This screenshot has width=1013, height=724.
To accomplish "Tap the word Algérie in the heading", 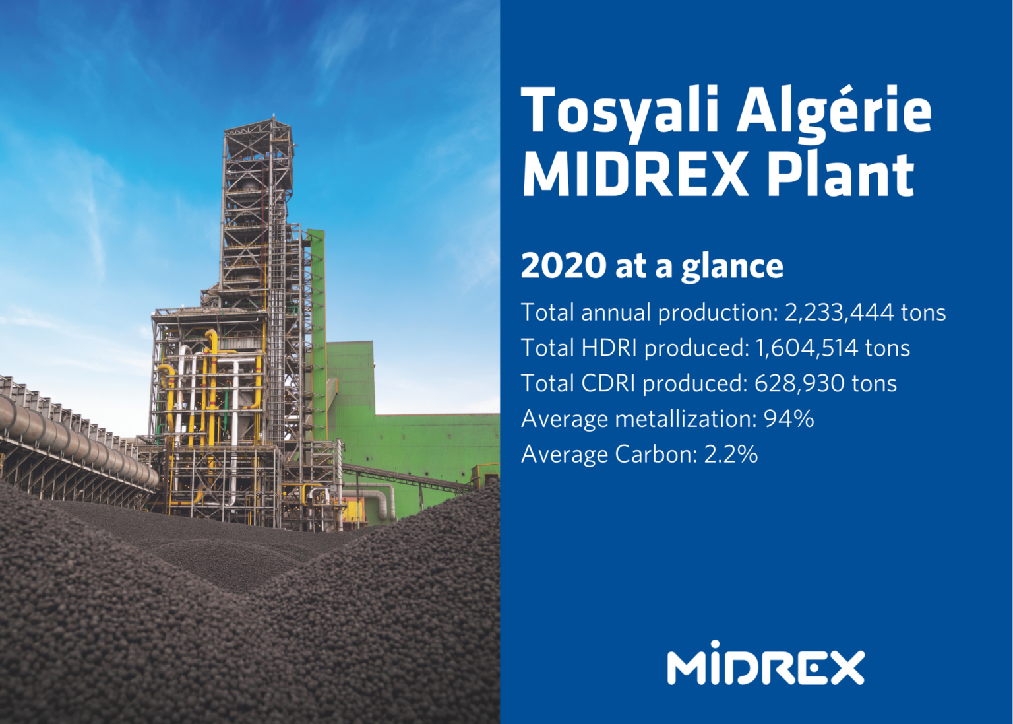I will (x=834, y=111).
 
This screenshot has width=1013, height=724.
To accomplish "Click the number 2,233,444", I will (x=839, y=312).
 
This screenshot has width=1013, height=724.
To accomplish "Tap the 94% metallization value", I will (x=789, y=419).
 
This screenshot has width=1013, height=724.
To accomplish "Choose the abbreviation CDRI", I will (x=607, y=383).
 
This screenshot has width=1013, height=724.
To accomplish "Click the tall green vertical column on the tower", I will (x=317, y=330).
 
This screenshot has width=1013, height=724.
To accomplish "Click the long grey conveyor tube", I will (x=73, y=436).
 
